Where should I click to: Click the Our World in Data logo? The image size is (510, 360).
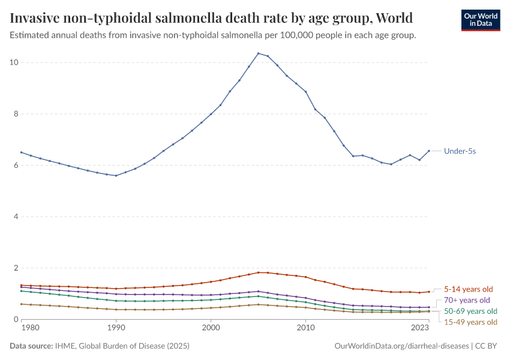click(x=480, y=20)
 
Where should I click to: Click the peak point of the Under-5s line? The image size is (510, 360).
click(x=258, y=53)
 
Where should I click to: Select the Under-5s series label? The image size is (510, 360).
click(x=460, y=151)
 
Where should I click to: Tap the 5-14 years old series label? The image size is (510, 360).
click(x=468, y=289)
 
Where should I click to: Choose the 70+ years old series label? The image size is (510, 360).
click(x=467, y=300)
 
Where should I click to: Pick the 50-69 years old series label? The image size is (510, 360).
click(x=470, y=311)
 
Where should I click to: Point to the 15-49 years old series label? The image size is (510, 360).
click(x=470, y=322)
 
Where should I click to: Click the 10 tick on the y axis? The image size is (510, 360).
click(x=14, y=62)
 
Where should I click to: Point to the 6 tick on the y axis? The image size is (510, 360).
click(x=17, y=166)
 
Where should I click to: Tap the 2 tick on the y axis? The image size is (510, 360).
click(x=17, y=268)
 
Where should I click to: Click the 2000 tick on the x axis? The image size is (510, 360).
click(x=211, y=328)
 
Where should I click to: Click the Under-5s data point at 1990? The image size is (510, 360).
click(x=116, y=176)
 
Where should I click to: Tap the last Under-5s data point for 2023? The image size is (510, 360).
click(x=428, y=151)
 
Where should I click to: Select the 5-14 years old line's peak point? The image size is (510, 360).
click(x=258, y=272)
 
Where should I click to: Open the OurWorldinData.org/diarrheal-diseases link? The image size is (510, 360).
click(x=401, y=346)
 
